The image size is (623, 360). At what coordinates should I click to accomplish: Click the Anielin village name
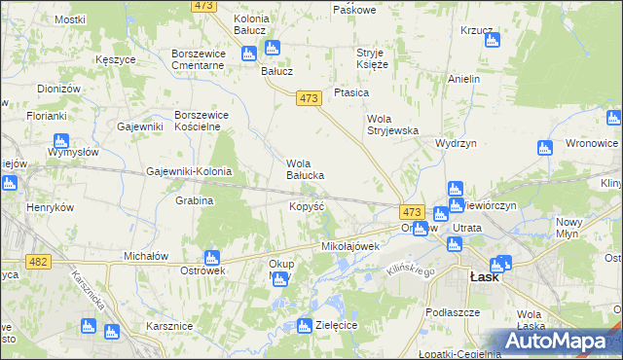click(x=464, y=78)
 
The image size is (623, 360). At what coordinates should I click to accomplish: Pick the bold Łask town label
click(x=484, y=276)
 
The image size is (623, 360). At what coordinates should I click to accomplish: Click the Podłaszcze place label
click(x=453, y=312)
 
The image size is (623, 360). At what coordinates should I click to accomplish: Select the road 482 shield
click(x=38, y=262)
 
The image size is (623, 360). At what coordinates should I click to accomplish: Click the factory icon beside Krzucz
click(x=492, y=42)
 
